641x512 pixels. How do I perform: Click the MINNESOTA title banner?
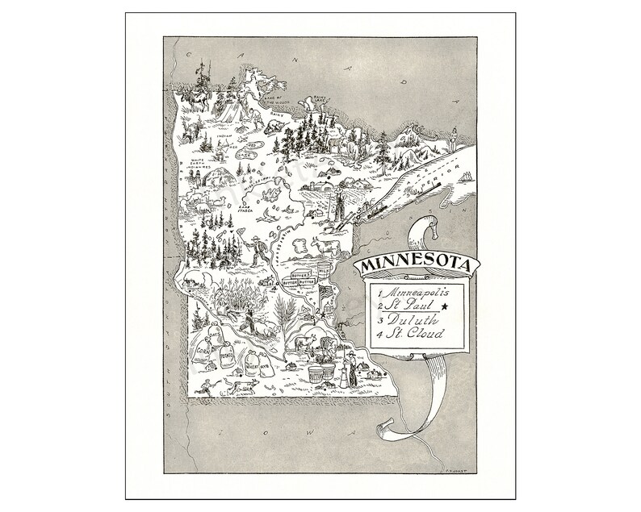coord(409,265)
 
